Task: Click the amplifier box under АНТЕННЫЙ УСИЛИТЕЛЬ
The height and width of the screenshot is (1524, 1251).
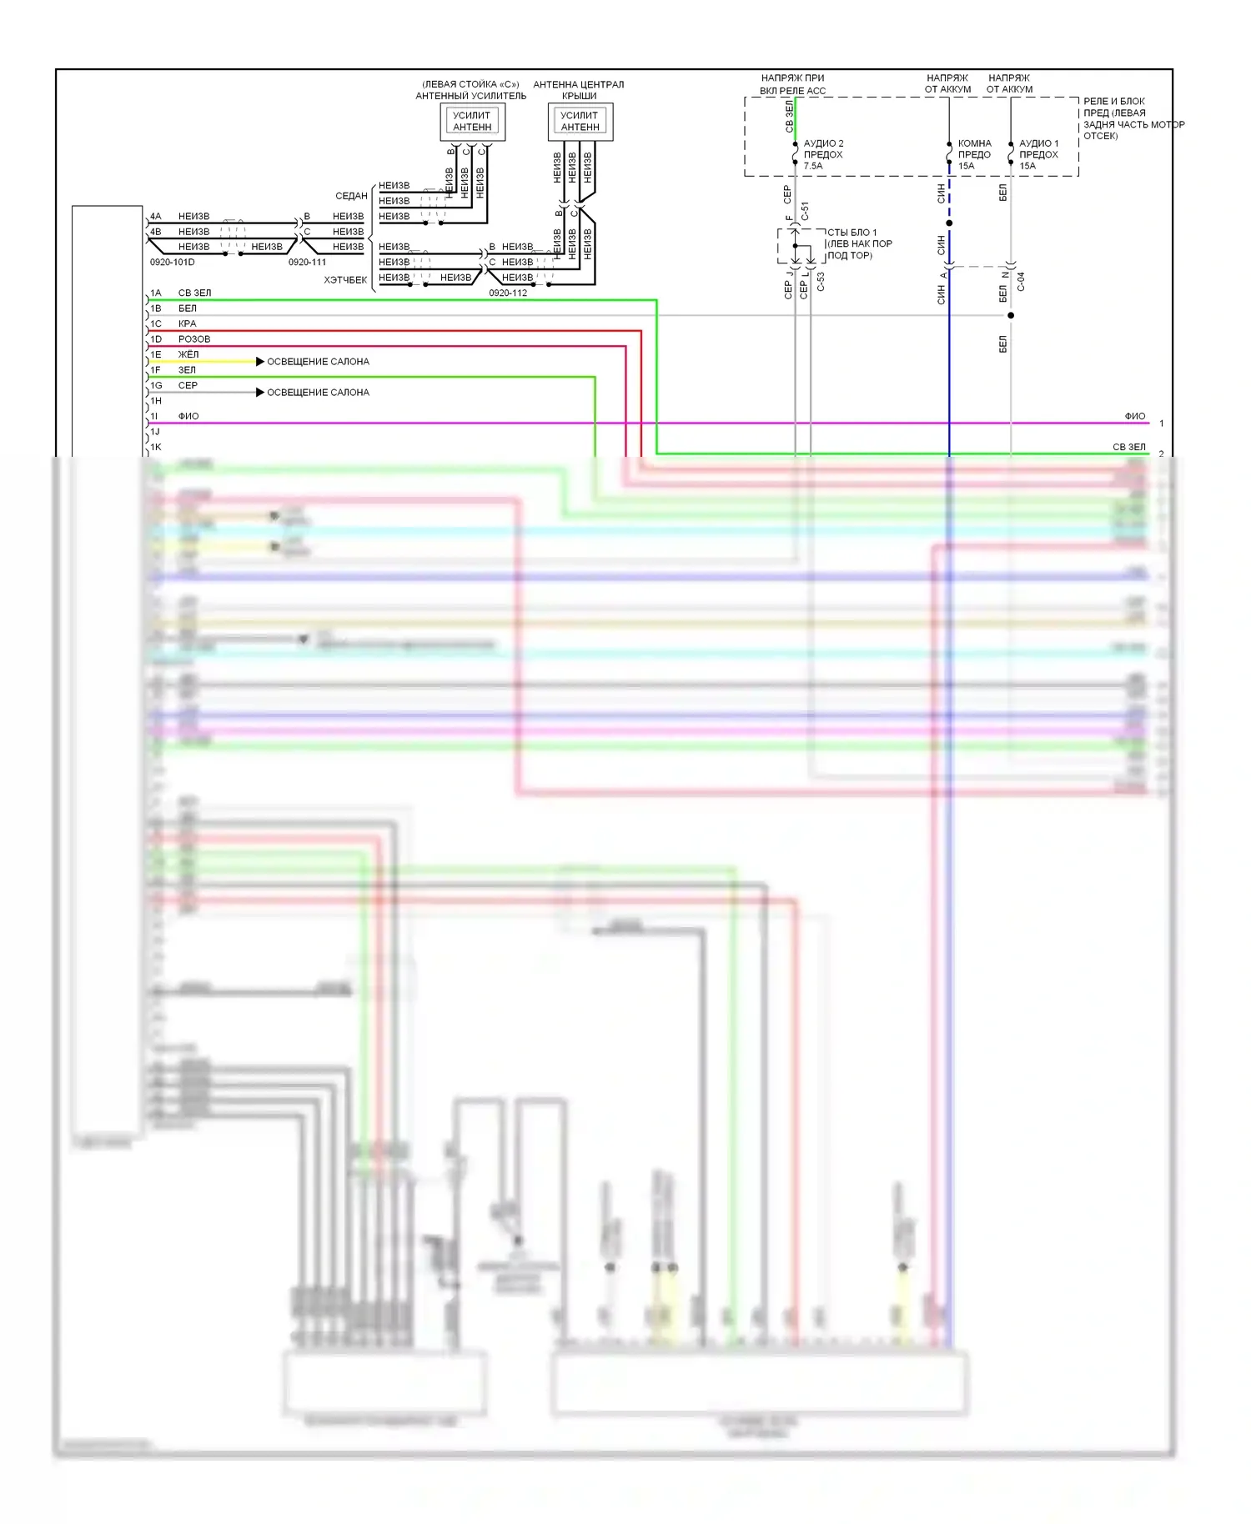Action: tap(472, 122)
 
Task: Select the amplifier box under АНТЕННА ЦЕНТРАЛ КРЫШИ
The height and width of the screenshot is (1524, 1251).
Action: tap(580, 122)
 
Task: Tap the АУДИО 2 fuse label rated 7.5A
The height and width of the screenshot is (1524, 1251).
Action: tap(823, 154)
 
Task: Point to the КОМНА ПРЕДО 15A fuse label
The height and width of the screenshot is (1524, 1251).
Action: tap(974, 154)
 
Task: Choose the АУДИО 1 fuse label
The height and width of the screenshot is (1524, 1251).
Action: tap(1038, 154)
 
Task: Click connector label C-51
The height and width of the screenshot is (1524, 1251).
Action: tap(805, 211)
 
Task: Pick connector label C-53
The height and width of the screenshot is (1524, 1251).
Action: tap(821, 282)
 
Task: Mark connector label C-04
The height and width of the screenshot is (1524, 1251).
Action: tap(1021, 282)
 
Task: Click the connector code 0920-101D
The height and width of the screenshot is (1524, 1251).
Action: tap(173, 262)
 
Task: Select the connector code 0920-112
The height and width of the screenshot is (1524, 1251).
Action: tap(508, 293)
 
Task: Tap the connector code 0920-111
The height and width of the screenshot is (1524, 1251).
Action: tap(307, 262)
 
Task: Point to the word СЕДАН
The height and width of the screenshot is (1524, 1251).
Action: tap(351, 196)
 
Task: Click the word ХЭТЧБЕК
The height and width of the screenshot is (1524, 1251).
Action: tap(345, 280)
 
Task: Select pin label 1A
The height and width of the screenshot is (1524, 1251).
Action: tap(156, 293)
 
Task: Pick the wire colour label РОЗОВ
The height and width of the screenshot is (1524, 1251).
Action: tap(194, 339)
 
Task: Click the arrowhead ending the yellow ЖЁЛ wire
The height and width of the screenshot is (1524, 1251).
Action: tap(260, 362)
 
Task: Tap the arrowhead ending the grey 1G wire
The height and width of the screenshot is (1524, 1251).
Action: tap(260, 392)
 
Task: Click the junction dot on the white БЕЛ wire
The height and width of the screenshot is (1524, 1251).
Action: tap(1011, 315)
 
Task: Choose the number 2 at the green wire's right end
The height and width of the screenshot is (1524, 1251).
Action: tap(1161, 454)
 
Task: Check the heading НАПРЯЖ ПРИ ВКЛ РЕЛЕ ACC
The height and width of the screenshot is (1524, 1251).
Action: tap(792, 84)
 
